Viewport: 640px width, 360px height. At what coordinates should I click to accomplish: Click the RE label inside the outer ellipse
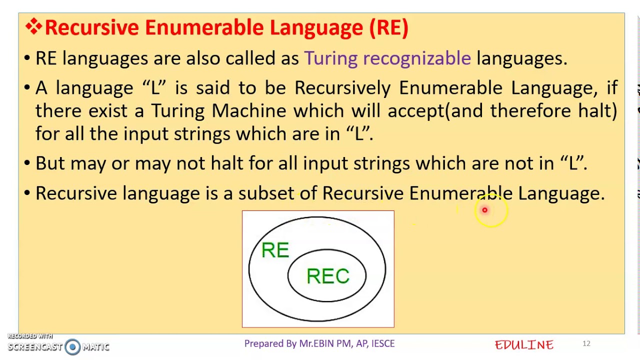click(275, 250)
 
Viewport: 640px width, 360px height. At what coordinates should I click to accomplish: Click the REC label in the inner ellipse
click(327, 276)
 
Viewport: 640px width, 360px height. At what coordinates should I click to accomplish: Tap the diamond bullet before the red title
click(33, 27)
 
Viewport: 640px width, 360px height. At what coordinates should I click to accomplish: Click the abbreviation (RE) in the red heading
click(388, 27)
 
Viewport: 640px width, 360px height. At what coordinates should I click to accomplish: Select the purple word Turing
click(330, 58)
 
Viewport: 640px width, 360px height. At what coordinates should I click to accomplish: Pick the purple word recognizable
click(416, 58)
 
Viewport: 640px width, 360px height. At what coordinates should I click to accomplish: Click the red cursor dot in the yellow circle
click(484, 210)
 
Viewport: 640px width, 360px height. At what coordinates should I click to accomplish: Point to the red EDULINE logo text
click(524, 344)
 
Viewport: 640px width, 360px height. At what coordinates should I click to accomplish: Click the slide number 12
click(586, 343)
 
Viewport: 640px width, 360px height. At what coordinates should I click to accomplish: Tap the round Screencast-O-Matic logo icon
click(72, 346)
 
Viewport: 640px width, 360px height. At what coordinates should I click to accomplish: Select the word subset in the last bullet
click(266, 193)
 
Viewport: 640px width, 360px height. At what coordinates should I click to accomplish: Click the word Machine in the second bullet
click(249, 110)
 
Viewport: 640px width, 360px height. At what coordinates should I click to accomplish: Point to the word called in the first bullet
click(250, 58)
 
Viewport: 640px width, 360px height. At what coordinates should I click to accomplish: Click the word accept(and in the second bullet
click(435, 110)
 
